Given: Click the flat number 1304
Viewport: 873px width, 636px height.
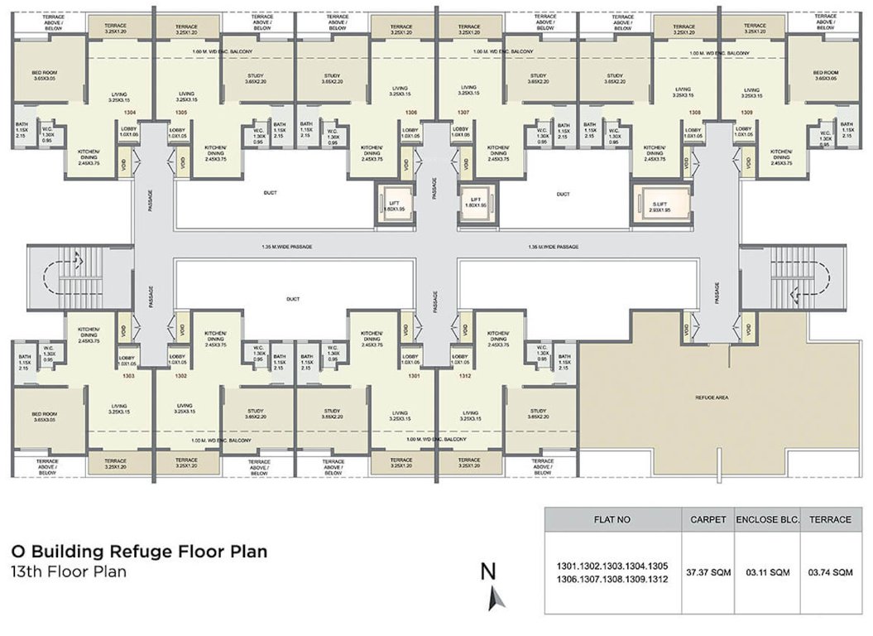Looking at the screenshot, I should coord(129,112).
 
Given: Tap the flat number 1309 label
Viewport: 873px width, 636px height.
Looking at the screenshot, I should coord(746,112).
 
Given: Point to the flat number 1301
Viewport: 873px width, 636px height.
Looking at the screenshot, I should coord(414,375).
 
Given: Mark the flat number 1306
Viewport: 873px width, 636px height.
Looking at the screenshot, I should coord(411,112).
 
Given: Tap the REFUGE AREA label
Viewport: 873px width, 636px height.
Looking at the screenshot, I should coord(712,398).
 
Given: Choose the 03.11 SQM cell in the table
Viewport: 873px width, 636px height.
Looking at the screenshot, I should coord(765,572).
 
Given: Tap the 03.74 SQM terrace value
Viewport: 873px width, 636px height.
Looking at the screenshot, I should coord(830,572).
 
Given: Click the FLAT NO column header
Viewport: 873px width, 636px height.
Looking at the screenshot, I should coord(612,520).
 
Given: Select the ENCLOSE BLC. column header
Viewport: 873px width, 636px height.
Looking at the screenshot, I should coord(765,520).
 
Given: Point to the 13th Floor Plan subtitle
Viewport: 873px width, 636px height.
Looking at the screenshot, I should coord(69,571).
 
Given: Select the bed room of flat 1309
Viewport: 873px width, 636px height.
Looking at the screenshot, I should coord(827,76).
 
